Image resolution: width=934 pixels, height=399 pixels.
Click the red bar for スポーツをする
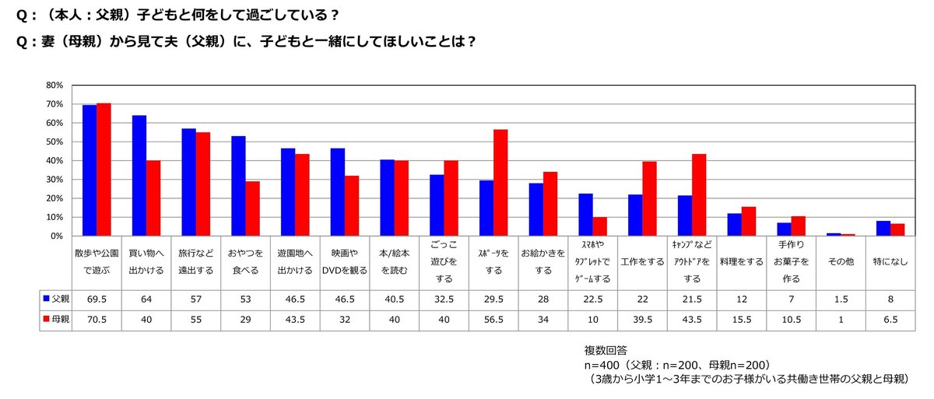pyautogui.click(x=500, y=183)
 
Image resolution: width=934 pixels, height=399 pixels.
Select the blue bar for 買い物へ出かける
pyautogui.click(x=139, y=175)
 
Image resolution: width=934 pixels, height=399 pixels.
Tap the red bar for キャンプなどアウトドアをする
pyautogui.click(x=699, y=195)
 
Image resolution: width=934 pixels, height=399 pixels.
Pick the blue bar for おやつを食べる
pyautogui.click(x=238, y=186)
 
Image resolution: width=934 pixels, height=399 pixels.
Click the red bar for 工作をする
pyautogui.click(x=649, y=198)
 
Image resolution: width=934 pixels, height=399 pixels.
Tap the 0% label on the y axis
pyautogui.click(x=56, y=236)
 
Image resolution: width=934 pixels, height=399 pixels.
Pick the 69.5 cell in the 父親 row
pyautogui.click(x=97, y=298)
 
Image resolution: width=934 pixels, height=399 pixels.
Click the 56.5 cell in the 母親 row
pyautogui.click(x=493, y=320)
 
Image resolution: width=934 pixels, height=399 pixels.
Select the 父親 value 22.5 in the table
pyautogui.click(x=592, y=298)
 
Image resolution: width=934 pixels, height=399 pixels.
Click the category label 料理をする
pyautogui.click(x=741, y=262)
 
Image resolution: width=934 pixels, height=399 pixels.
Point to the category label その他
pyautogui.click(x=841, y=262)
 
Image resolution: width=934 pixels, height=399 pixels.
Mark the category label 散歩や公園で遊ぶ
pyautogui.click(x=97, y=262)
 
